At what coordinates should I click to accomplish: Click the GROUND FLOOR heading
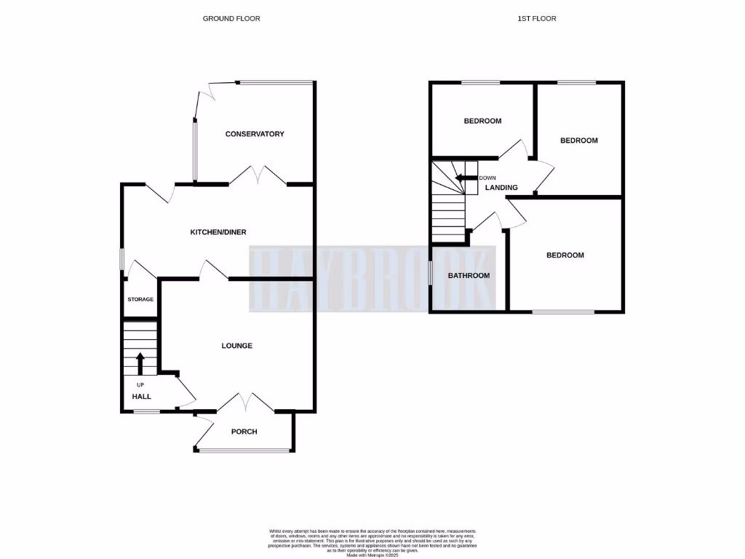[231, 18]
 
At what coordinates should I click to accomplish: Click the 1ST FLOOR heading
[538, 18]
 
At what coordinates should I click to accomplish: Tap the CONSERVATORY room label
[255, 134]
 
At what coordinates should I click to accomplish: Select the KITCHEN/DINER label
[218, 232]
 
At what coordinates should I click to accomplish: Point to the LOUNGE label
[237, 346]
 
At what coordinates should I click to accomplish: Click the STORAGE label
[140, 299]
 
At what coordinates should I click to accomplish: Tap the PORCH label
[244, 432]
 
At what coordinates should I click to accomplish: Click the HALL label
[141, 397]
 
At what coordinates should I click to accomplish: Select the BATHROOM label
[469, 276]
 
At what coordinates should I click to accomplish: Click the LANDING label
[501, 188]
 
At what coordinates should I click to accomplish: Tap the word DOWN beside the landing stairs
[487, 178]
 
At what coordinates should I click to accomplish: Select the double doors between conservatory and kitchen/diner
[258, 176]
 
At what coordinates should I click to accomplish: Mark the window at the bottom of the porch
[244, 451]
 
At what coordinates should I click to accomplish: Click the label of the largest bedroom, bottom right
[565, 255]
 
